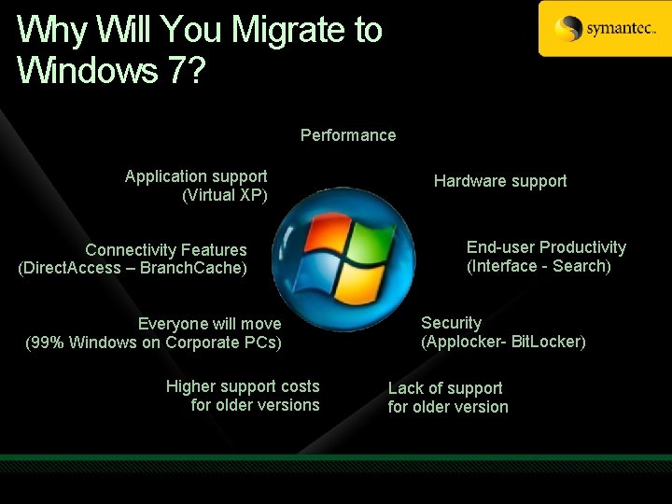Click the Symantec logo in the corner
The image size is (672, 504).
pos(605,29)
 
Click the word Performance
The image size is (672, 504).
pos(348,135)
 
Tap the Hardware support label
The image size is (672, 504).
pos(500,181)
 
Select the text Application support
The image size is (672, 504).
pos(196,176)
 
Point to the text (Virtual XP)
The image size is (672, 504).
pos(225,195)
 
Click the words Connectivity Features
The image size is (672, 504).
pos(166,250)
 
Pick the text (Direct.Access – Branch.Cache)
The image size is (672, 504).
pos(133,268)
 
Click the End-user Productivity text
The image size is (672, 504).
pos(546,247)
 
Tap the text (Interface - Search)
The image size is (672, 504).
pos(539,266)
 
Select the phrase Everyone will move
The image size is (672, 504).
pos(209,324)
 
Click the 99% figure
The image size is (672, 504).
pos(49,343)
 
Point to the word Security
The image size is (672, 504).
pos(451,323)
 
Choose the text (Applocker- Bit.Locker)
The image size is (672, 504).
pos(503,342)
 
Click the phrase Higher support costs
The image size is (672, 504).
pos(243,386)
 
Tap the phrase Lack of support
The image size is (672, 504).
pos(445,388)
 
